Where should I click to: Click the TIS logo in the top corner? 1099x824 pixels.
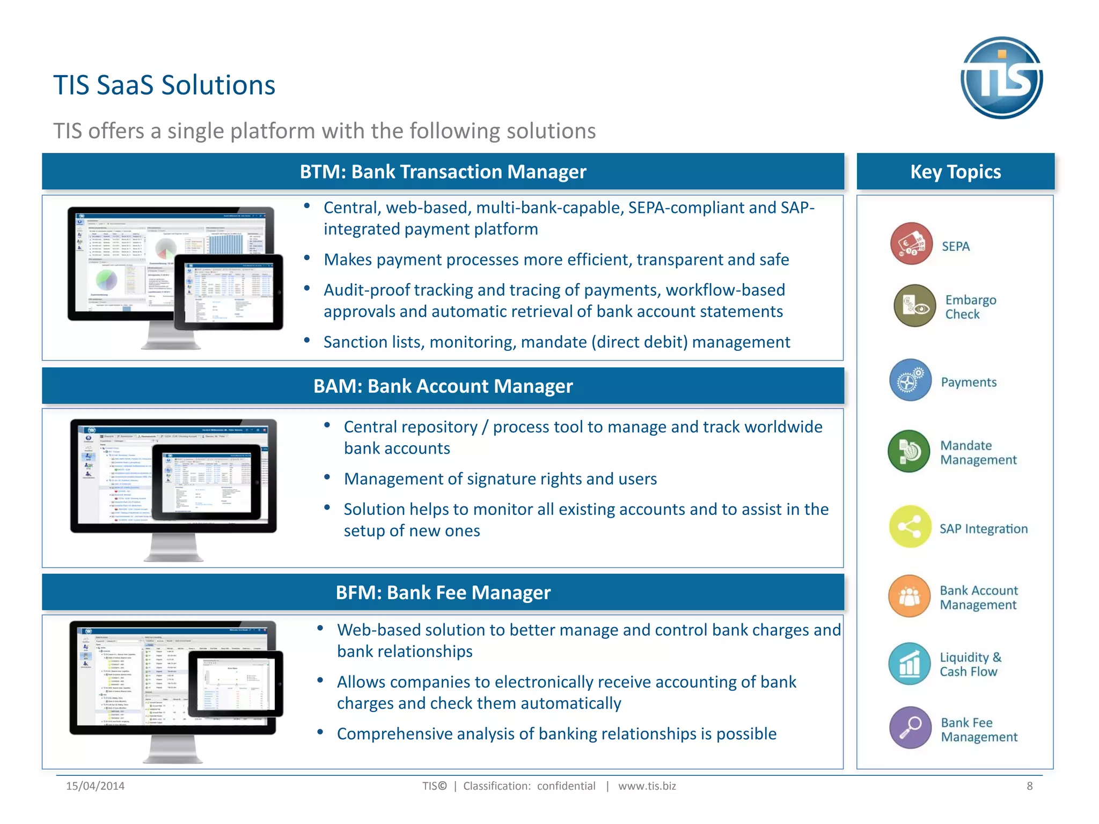click(1001, 78)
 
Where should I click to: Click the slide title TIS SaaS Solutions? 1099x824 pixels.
click(164, 85)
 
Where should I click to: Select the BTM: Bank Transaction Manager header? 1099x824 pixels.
click(443, 172)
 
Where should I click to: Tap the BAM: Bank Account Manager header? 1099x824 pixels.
click(443, 386)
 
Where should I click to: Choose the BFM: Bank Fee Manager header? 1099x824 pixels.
click(443, 593)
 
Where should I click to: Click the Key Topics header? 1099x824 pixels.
click(955, 172)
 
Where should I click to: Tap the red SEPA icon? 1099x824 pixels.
click(911, 244)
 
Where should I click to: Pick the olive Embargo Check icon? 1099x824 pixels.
click(915, 306)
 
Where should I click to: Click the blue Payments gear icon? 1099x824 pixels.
click(910, 380)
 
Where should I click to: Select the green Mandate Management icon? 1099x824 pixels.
click(908, 451)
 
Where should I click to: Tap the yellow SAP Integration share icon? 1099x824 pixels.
click(910, 527)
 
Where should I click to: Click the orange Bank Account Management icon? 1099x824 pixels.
click(909, 596)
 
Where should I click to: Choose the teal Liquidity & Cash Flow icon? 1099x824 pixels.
click(909, 664)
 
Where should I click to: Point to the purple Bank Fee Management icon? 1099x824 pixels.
click(910, 728)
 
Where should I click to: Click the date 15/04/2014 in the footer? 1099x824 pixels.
click(95, 786)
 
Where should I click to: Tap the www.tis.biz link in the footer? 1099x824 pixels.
click(647, 786)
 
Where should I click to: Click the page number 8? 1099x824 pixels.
click(1029, 786)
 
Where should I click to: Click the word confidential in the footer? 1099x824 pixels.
click(566, 786)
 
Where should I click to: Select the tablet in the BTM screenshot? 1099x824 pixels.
click(229, 292)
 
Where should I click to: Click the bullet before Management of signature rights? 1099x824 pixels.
click(327, 477)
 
